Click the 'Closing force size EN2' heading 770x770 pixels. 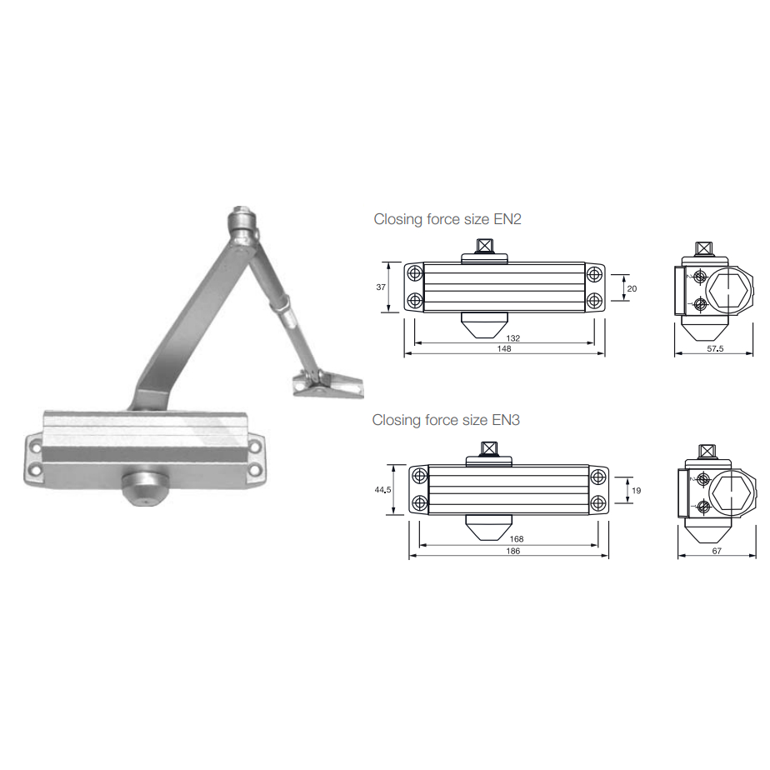click(x=447, y=219)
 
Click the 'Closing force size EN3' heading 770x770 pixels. click(x=445, y=420)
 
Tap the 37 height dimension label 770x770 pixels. click(x=381, y=287)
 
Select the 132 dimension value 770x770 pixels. click(x=512, y=337)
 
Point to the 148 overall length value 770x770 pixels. click(x=504, y=348)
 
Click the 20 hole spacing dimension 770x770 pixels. click(x=632, y=288)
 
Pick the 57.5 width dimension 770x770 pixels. click(x=715, y=348)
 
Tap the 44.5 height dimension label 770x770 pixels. click(x=382, y=490)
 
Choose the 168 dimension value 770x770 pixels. click(x=516, y=538)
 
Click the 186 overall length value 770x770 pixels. click(x=512, y=551)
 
